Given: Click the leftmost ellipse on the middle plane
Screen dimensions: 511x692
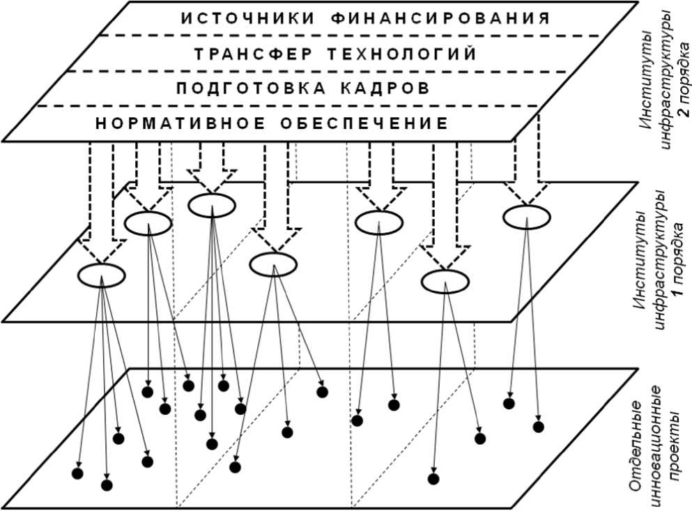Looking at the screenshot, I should (x=101, y=275).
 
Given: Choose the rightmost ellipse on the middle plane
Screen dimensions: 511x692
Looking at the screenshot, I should (x=526, y=217).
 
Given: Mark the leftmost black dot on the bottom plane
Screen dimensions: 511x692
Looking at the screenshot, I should (x=77, y=473).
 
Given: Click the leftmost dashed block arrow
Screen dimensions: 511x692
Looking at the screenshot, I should (x=102, y=202).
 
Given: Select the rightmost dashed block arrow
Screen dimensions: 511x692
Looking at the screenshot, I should (x=526, y=167).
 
